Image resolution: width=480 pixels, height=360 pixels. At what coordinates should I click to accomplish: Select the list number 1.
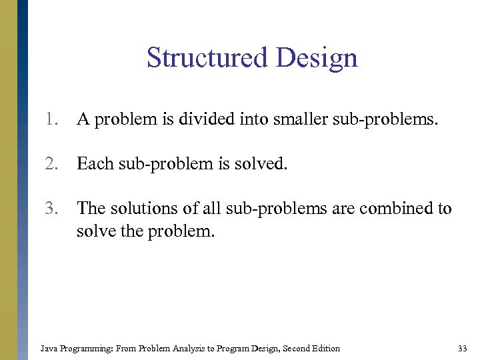[52, 120]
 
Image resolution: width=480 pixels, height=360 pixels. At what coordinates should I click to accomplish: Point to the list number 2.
[52, 164]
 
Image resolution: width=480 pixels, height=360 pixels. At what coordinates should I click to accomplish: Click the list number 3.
[52, 209]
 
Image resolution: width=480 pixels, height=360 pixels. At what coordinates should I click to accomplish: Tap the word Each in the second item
[94, 164]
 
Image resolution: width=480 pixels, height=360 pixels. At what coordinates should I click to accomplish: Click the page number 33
[463, 348]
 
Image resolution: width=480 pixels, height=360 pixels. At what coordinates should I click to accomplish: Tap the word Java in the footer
[49, 348]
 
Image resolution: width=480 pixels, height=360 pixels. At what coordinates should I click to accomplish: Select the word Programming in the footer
[83, 348]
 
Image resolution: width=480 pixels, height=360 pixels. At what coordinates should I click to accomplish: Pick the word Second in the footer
[293, 348]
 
